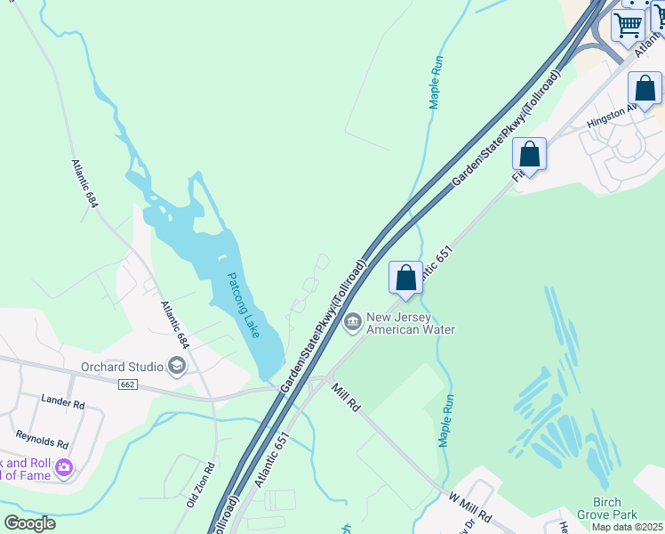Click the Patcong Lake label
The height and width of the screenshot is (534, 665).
pos(243,305)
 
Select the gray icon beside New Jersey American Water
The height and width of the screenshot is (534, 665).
pos(353,321)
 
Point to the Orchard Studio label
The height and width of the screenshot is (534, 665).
pos(122,367)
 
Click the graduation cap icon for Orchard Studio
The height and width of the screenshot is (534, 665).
pos(177,366)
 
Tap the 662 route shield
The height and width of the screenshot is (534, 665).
pos(128,384)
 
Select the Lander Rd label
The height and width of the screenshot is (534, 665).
pos(63,403)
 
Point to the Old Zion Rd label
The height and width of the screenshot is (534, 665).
pos(200,485)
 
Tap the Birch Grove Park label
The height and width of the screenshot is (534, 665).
pos(607,508)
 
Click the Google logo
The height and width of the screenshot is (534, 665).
pos(28,523)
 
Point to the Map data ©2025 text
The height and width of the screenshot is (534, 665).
pos(627,527)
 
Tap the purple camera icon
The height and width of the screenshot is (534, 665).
pos(63,467)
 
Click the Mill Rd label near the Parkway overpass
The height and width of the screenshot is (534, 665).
pos(346,396)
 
